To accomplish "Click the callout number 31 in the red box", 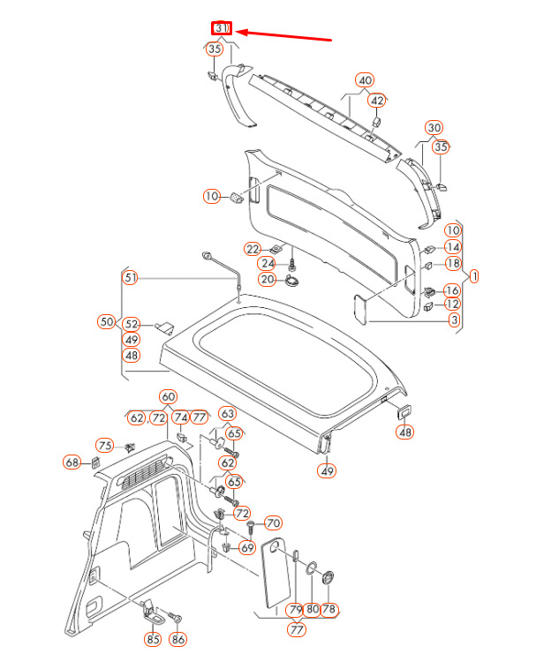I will (221, 28).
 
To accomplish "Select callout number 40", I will (365, 80).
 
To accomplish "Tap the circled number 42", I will (377, 101).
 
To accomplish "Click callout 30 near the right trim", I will (434, 128).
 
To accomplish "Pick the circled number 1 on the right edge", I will (474, 275).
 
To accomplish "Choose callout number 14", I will (452, 247).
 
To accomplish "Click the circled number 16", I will (452, 290).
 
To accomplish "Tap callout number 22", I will (253, 249).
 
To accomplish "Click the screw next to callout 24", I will (292, 264).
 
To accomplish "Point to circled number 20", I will (267, 279).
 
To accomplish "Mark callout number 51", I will (131, 278).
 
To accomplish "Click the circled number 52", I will (132, 324).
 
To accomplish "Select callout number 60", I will (168, 397).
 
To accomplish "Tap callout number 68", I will (72, 462).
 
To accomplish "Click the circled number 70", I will (272, 523).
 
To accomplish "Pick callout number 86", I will (178, 638).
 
